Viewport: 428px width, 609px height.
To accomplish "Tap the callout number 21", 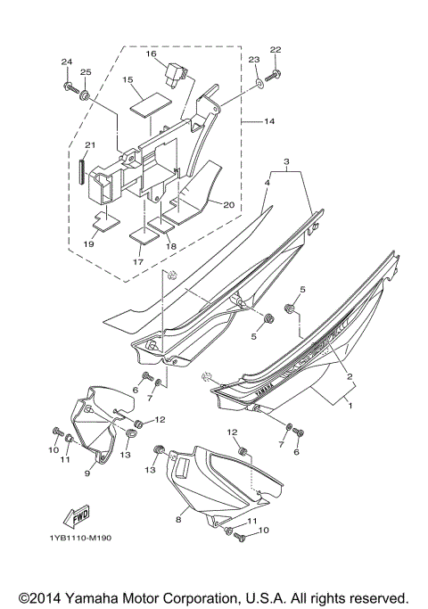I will click(x=89, y=146).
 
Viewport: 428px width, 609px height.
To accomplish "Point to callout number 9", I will click(x=87, y=473).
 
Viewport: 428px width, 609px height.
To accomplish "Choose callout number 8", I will click(x=177, y=518).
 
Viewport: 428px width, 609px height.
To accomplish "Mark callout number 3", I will click(x=286, y=160).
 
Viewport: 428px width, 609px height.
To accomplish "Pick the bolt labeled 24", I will click(x=68, y=86).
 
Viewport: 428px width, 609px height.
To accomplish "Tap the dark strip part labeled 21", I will click(x=82, y=168).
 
